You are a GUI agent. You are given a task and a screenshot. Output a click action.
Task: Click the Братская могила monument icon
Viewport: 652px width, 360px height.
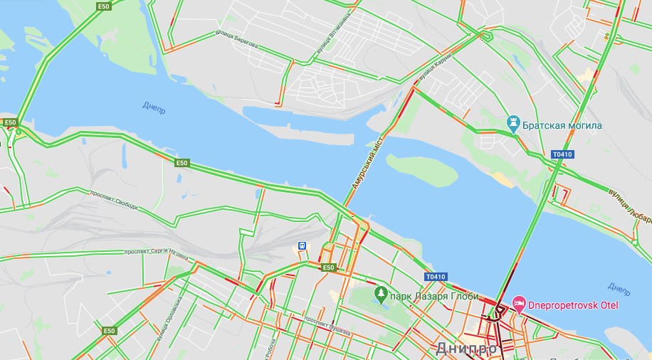512,125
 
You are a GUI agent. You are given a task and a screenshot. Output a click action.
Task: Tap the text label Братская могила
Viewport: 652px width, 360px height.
562,126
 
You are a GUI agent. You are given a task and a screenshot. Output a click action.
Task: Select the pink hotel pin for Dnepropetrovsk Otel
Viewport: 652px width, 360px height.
519,305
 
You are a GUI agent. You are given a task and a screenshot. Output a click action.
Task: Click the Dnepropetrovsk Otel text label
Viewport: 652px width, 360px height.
573,305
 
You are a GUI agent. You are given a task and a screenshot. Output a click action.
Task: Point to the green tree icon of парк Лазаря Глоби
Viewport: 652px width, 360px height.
381,292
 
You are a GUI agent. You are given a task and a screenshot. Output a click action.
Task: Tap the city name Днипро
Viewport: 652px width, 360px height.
466,349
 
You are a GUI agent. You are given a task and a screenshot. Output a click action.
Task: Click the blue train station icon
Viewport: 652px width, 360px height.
303,246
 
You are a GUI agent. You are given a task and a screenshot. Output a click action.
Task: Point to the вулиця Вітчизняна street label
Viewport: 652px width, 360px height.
334,33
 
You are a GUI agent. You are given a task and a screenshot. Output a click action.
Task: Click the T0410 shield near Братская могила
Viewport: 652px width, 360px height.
562,154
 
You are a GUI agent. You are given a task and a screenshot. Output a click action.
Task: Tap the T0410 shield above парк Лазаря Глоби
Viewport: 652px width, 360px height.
435,277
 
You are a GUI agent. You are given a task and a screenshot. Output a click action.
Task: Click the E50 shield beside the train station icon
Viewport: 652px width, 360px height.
327,268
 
